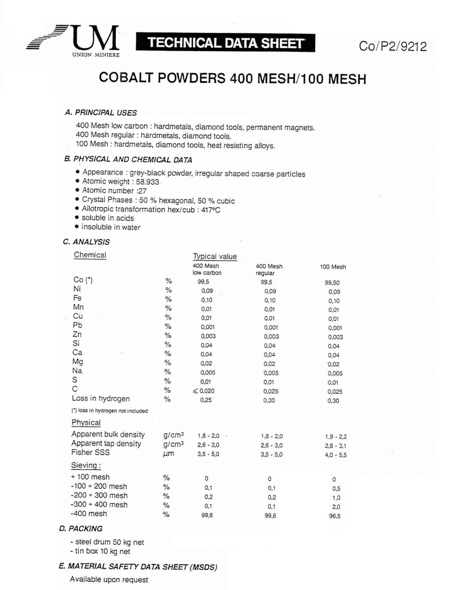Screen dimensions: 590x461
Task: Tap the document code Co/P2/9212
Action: [392, 47]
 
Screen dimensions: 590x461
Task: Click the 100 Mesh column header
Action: [333, 267]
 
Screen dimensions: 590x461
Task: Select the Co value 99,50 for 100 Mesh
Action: [332, 283]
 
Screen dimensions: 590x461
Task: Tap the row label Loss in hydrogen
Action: [100, 398]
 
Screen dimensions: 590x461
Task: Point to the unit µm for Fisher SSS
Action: [169, 455]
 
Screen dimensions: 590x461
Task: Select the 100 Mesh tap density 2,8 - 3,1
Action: [336, 446]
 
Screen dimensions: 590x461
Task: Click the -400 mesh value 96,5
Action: [334, 516]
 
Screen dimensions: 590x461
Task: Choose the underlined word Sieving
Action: [86, 466]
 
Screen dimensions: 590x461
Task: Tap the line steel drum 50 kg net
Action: [107, 542]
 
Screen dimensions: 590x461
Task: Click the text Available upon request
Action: [109, 580]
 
